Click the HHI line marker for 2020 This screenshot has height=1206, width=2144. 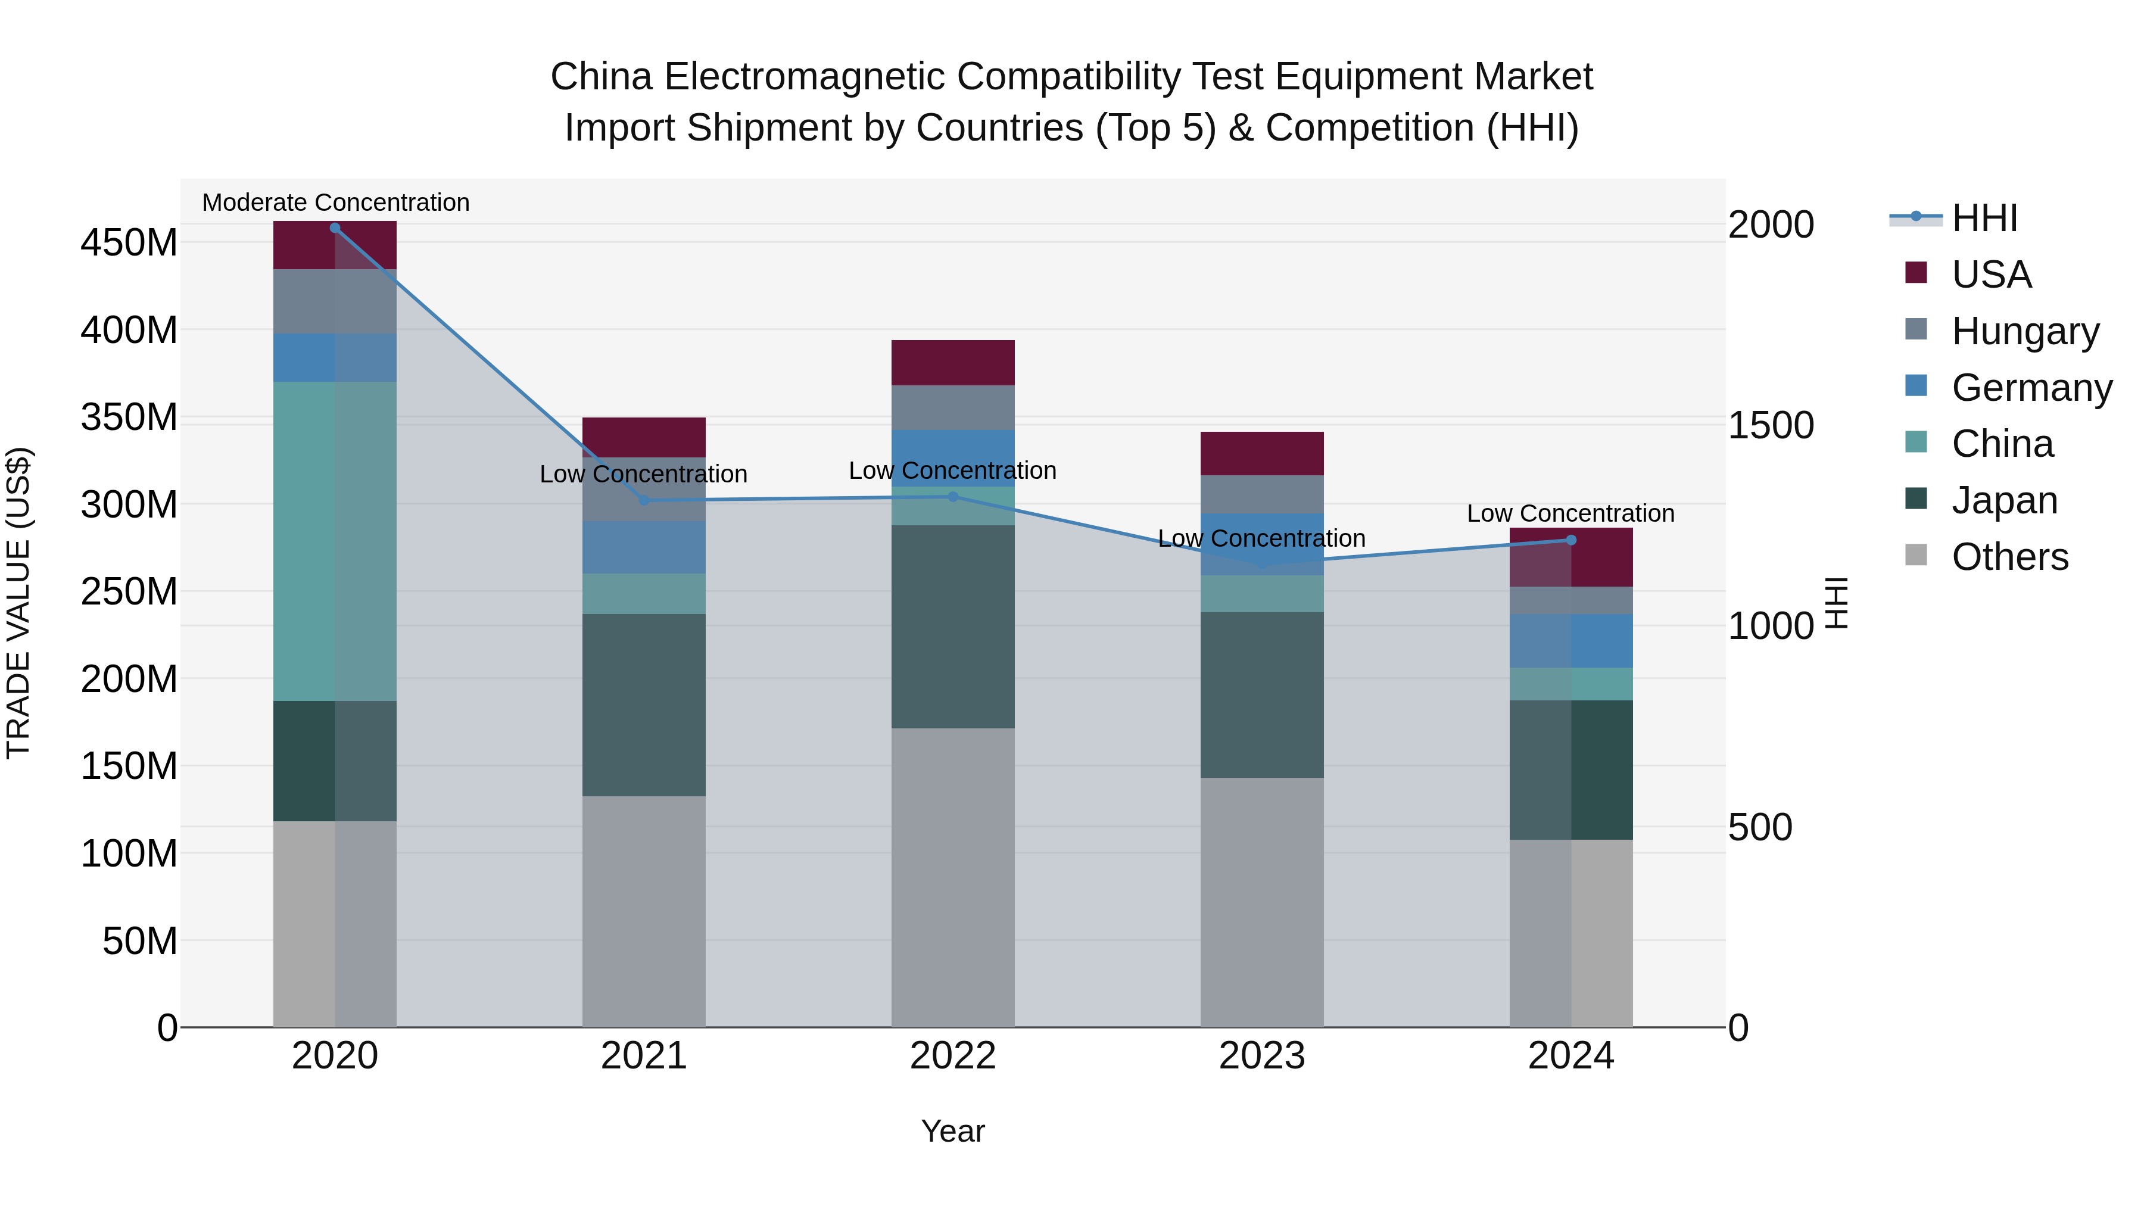pos(335,228)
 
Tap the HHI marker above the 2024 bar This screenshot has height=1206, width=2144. pos(1570,540)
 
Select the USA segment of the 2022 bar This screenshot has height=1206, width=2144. pos(952,362)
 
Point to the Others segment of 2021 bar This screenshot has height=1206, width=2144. pos(643,911)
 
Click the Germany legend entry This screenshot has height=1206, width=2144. pos(2031,388)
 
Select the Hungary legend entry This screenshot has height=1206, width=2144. pos(2024,331)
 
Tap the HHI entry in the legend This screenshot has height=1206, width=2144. pos(1984,218)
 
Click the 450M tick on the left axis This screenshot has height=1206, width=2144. pos(129,243)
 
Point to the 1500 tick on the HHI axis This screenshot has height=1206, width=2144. pos(1771,425)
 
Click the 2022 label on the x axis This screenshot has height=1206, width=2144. pos(952,1056)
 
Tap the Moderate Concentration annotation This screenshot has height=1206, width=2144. pos(335,202)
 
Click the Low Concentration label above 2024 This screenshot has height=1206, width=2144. pos(1570,513)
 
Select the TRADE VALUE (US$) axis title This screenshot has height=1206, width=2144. pos(18,603)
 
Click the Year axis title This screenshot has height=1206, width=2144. pos(952,1131)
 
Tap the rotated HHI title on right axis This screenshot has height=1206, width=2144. pos(1836,603)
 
